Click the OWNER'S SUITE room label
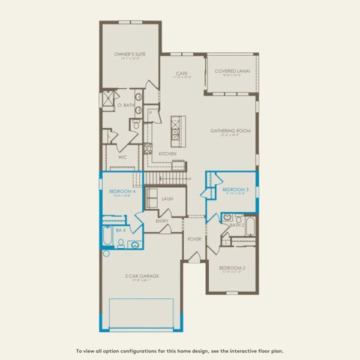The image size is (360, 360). (x=130, y=54)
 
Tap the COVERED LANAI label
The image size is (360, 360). (x=231, y=71)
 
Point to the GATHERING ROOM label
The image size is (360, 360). (x=230, y=130)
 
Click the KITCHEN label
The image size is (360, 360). (x=167, y=154)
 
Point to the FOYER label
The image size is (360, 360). (x=193, y=239)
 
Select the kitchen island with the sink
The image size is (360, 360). (x=176, y=131)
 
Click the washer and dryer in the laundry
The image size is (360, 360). (x=152, y=199)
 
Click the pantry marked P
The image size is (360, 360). (x=151, y=112)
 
